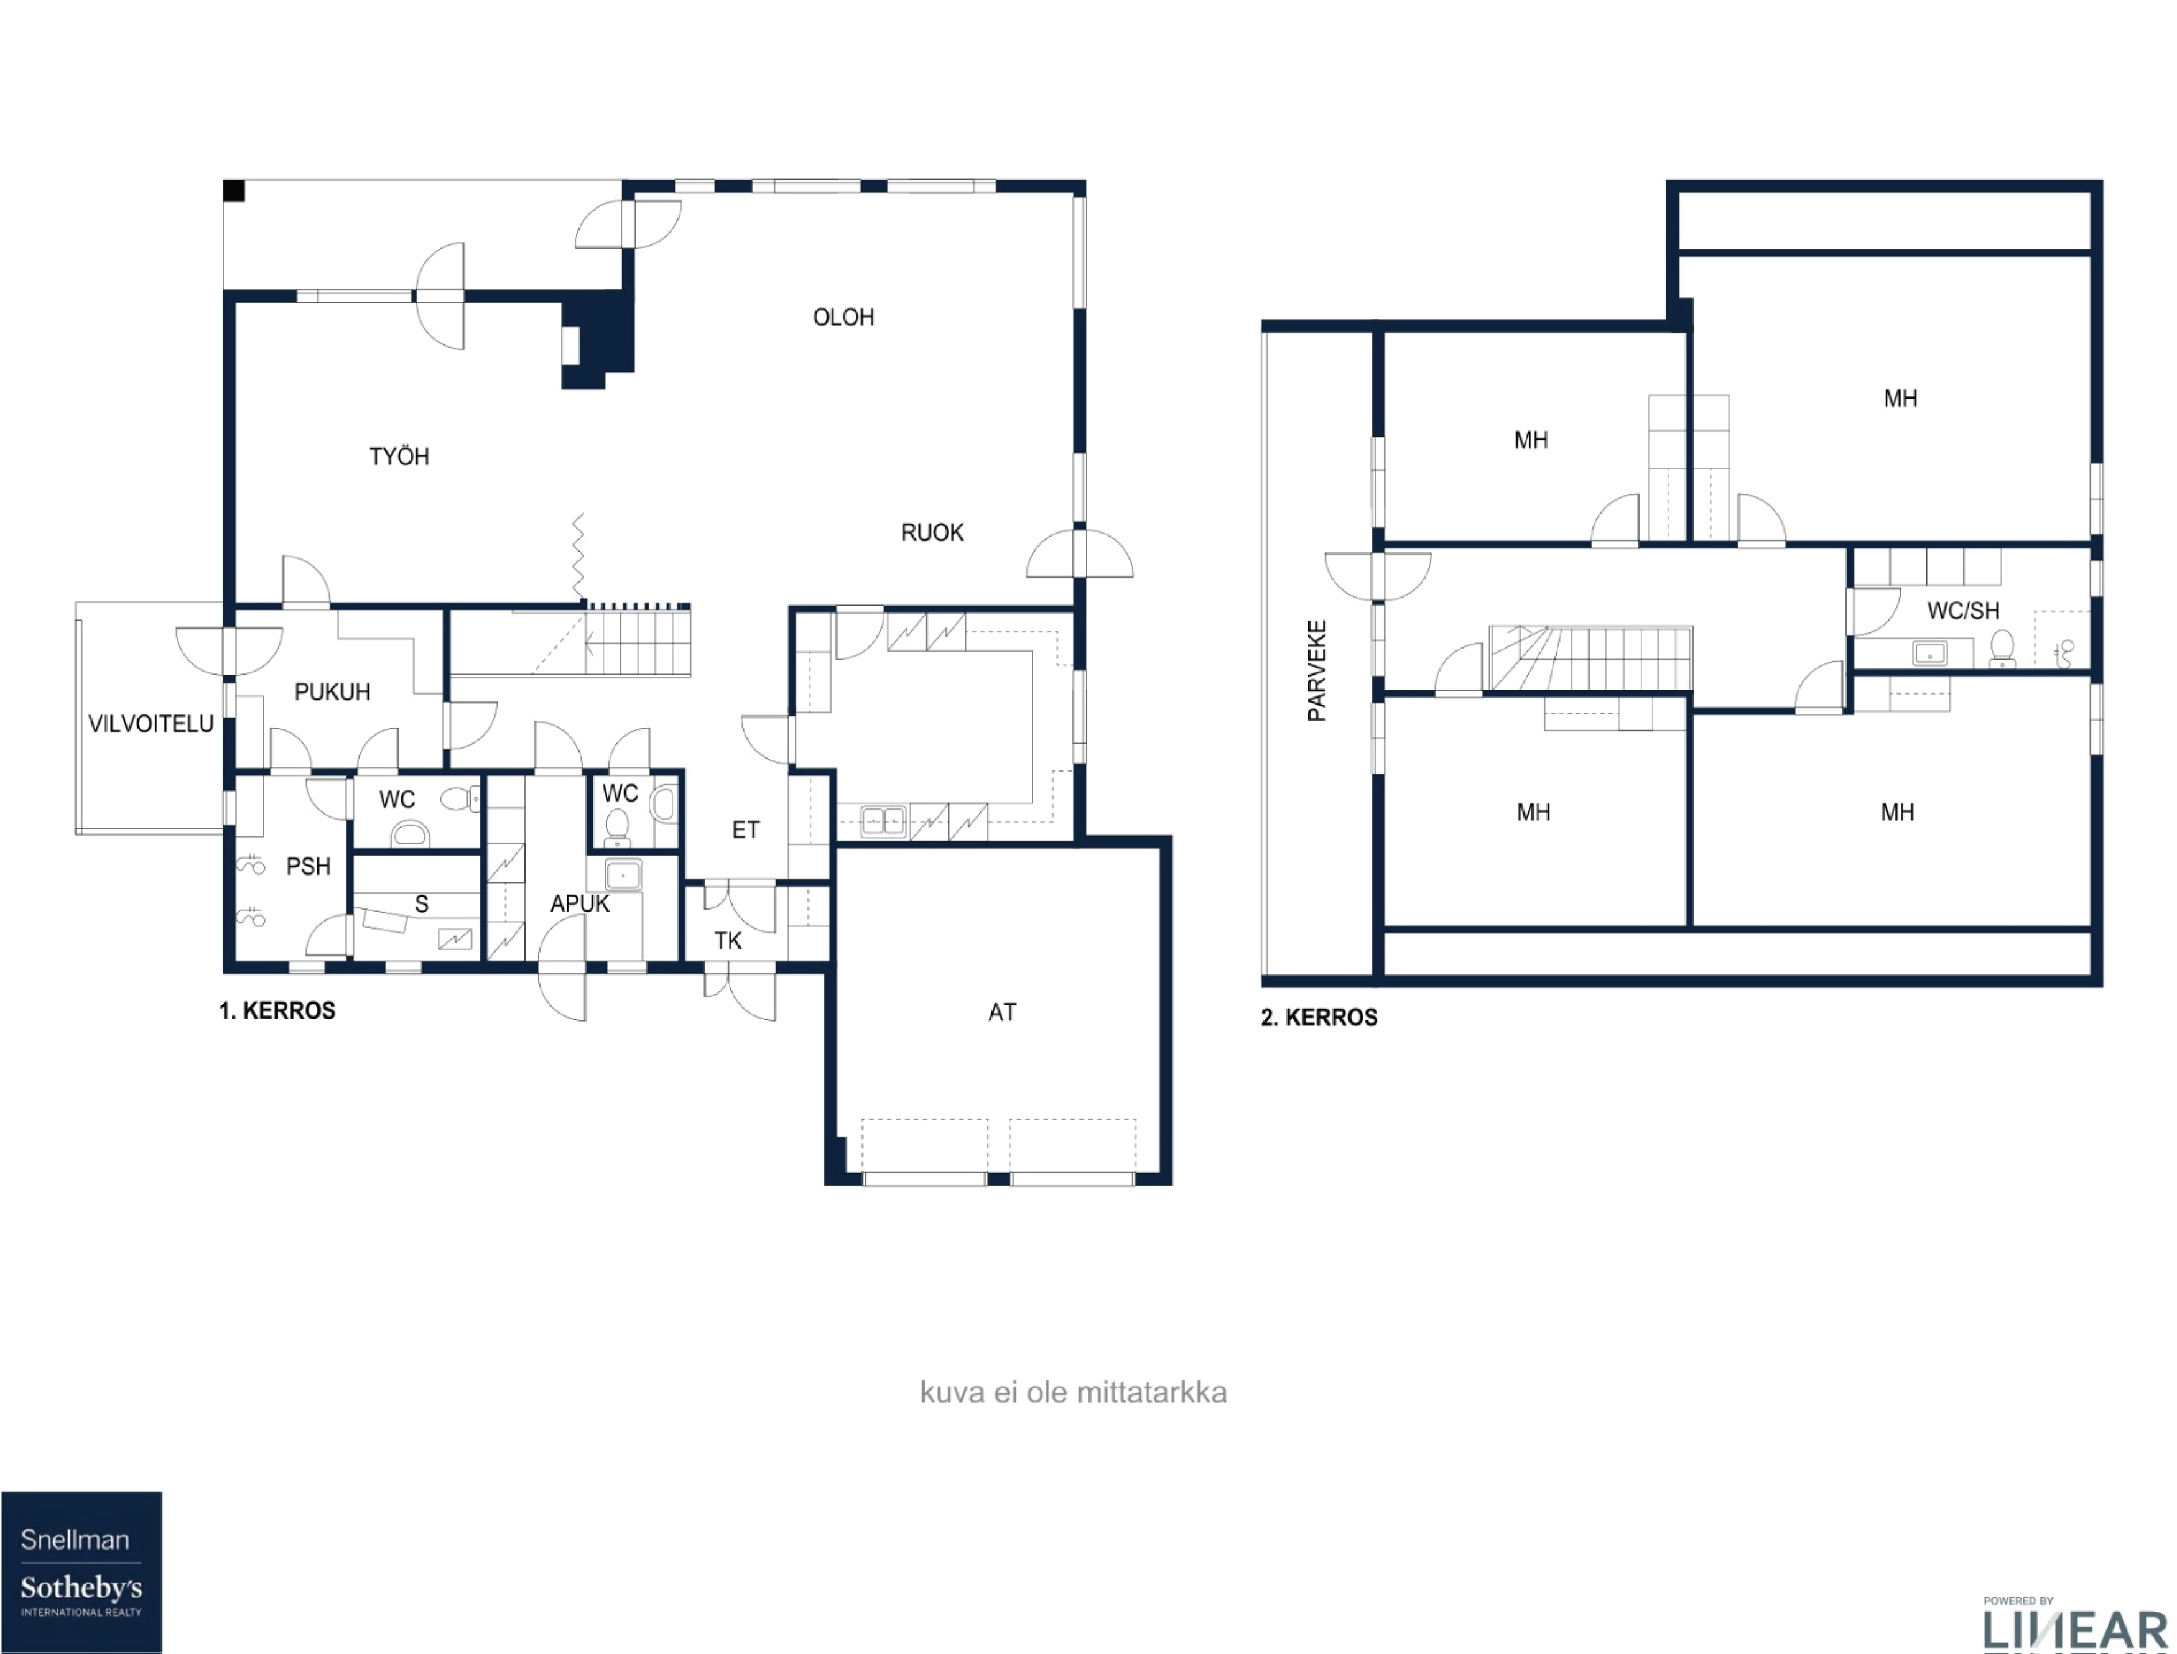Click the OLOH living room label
tap(843, 317)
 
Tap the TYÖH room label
tap(399, 457)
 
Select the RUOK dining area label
tap(932, 533)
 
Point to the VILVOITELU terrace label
tap(151, 724)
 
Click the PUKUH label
tap(332, 692)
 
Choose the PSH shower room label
tap(307, 866)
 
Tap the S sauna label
tap(422, 904)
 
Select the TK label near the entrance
tap(728, 941)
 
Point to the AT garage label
tap(1001, 1012)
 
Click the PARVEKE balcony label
tap(1316, 670)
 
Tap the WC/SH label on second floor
tap(1962, 611)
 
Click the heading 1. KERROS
tap(277, 1010)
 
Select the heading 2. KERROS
tap(1319, 1017)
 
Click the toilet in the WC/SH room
tap(2001, 649)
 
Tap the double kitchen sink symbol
tap(882, 820)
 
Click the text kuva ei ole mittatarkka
tap(1072, 1392)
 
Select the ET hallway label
tap(745, 830)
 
